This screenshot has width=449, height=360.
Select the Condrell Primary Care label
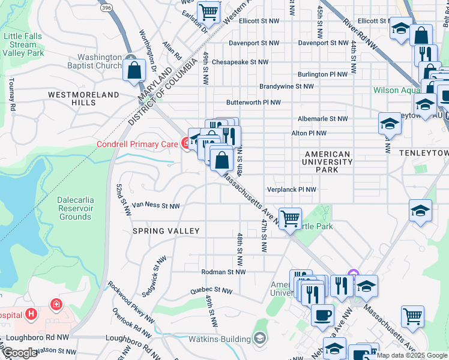point(137,144)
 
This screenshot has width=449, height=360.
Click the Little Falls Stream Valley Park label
point(23,45)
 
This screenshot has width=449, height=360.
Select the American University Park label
point(328,162)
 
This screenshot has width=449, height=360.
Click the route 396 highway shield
point(106,8)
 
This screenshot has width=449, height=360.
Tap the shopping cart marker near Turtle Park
point(290,218)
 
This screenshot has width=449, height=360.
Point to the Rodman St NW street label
point(223,272)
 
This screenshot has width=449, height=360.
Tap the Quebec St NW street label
point(210,290)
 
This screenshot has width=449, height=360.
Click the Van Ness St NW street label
point(155,205)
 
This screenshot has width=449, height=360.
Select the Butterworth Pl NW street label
point(253,103)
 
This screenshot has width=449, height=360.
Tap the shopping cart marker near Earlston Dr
point(208,10)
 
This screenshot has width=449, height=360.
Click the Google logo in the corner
point(20,353)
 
